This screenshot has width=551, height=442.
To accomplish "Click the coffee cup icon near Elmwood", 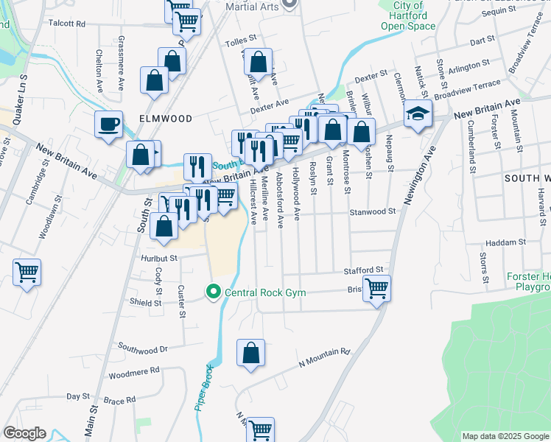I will tap(108, 123).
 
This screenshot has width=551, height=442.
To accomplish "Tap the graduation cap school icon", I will tap(418, 114).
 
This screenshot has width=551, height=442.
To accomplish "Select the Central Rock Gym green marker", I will tap(214, 292).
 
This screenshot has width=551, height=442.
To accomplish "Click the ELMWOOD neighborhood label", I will tap(165, 119).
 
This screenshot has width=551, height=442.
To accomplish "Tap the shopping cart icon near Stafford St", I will tap(376, 288).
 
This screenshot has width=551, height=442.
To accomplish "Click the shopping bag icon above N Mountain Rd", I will tap(251, 351).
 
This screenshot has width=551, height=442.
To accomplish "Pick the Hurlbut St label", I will tap(160, 259).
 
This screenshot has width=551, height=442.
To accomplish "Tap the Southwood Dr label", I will tap(143, 348).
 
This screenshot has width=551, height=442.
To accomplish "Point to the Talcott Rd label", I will tap(67, 24).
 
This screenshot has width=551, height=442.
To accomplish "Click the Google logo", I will tap(24, 433).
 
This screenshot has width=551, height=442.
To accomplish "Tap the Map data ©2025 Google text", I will tap(505, 436).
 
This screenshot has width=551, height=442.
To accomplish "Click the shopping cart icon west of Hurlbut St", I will tap(27, 273).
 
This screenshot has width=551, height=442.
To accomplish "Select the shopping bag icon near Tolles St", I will tap(258, 62).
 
